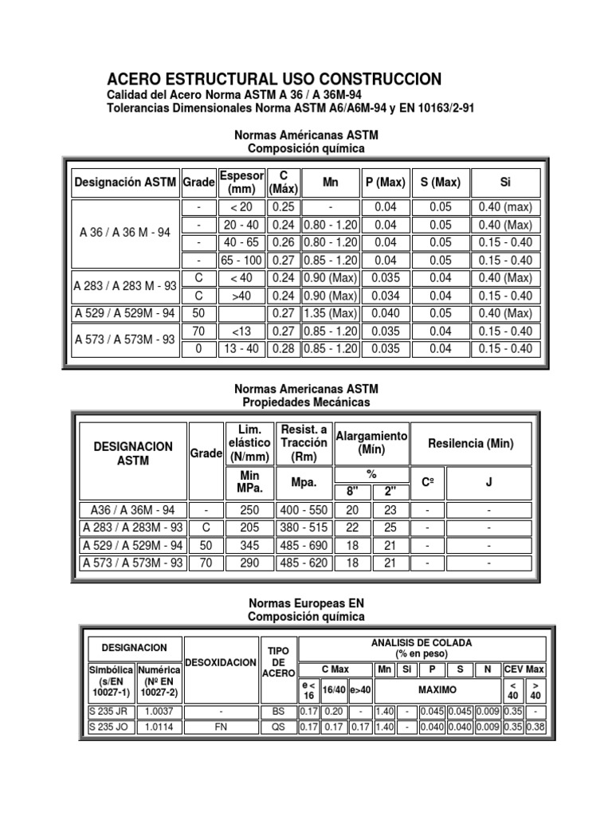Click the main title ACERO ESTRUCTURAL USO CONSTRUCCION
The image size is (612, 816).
click(274, 79)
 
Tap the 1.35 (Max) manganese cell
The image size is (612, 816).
click(331, 313)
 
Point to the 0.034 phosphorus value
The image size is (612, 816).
click(385, 296)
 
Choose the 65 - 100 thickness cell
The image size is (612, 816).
click(241, 260)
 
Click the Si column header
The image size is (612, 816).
click(504, 182)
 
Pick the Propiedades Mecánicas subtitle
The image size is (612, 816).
click(307, 402)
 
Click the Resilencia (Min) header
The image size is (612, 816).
click(470, 443)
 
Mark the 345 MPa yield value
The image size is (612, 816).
click(249, 545)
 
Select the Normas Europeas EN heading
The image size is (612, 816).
click(307, 603)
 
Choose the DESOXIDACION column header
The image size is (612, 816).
click(220, 663)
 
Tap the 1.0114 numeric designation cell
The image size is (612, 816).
click(159, 727)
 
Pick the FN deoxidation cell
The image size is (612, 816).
click(220, 727)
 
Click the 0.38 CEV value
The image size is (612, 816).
click(536, 727)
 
